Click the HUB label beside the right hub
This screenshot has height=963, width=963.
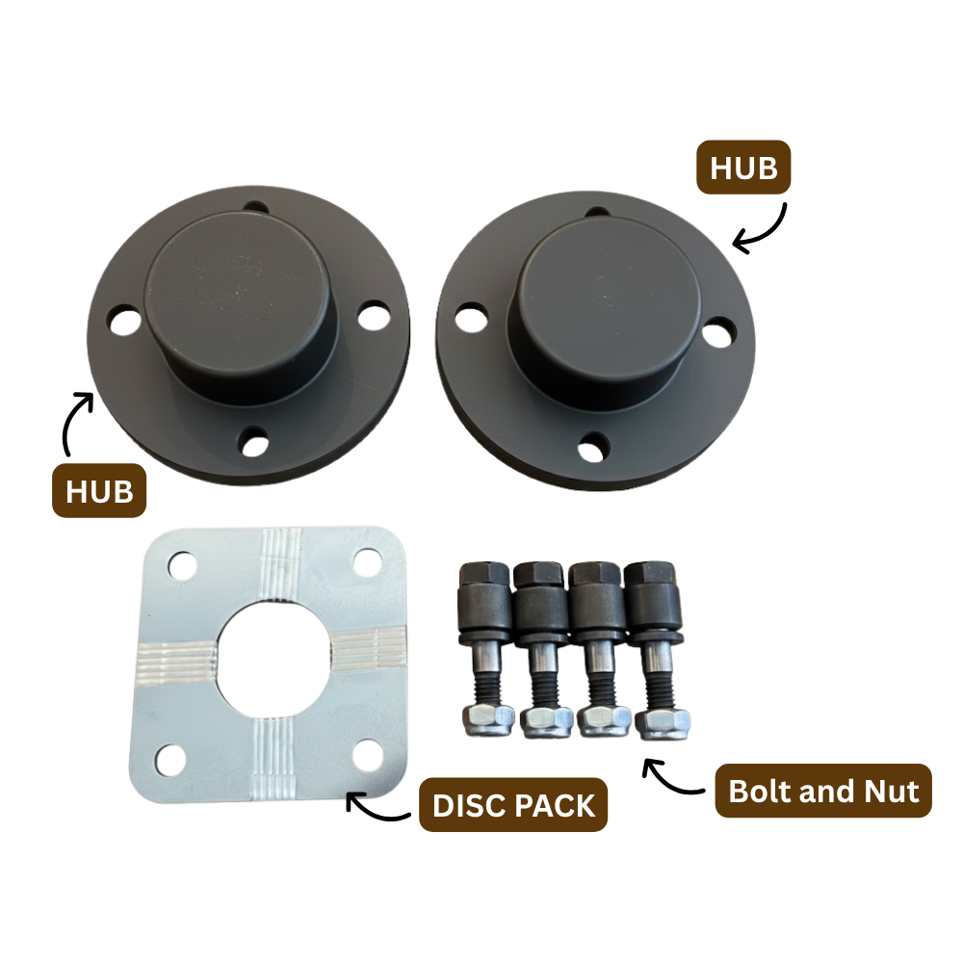743,168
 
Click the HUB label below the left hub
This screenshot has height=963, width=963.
99,491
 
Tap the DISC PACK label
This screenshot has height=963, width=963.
513,805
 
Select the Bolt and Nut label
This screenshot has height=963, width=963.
823,791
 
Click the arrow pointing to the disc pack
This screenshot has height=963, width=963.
374,810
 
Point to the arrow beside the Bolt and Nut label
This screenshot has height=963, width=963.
669,779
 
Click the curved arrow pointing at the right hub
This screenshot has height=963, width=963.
765,230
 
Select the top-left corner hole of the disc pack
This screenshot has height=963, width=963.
182,565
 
